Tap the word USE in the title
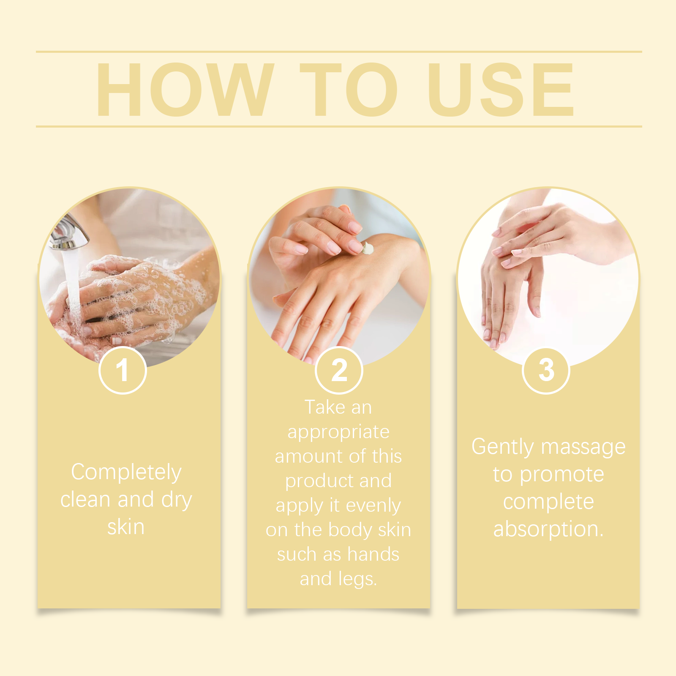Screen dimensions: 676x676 501,89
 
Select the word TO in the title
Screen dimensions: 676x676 349,89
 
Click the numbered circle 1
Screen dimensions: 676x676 123,370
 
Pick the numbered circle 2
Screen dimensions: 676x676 339,370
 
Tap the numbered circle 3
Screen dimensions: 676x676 546,370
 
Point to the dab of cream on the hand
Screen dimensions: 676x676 368,248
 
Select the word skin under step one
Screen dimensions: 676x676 126,527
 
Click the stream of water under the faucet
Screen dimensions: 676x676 73,287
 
